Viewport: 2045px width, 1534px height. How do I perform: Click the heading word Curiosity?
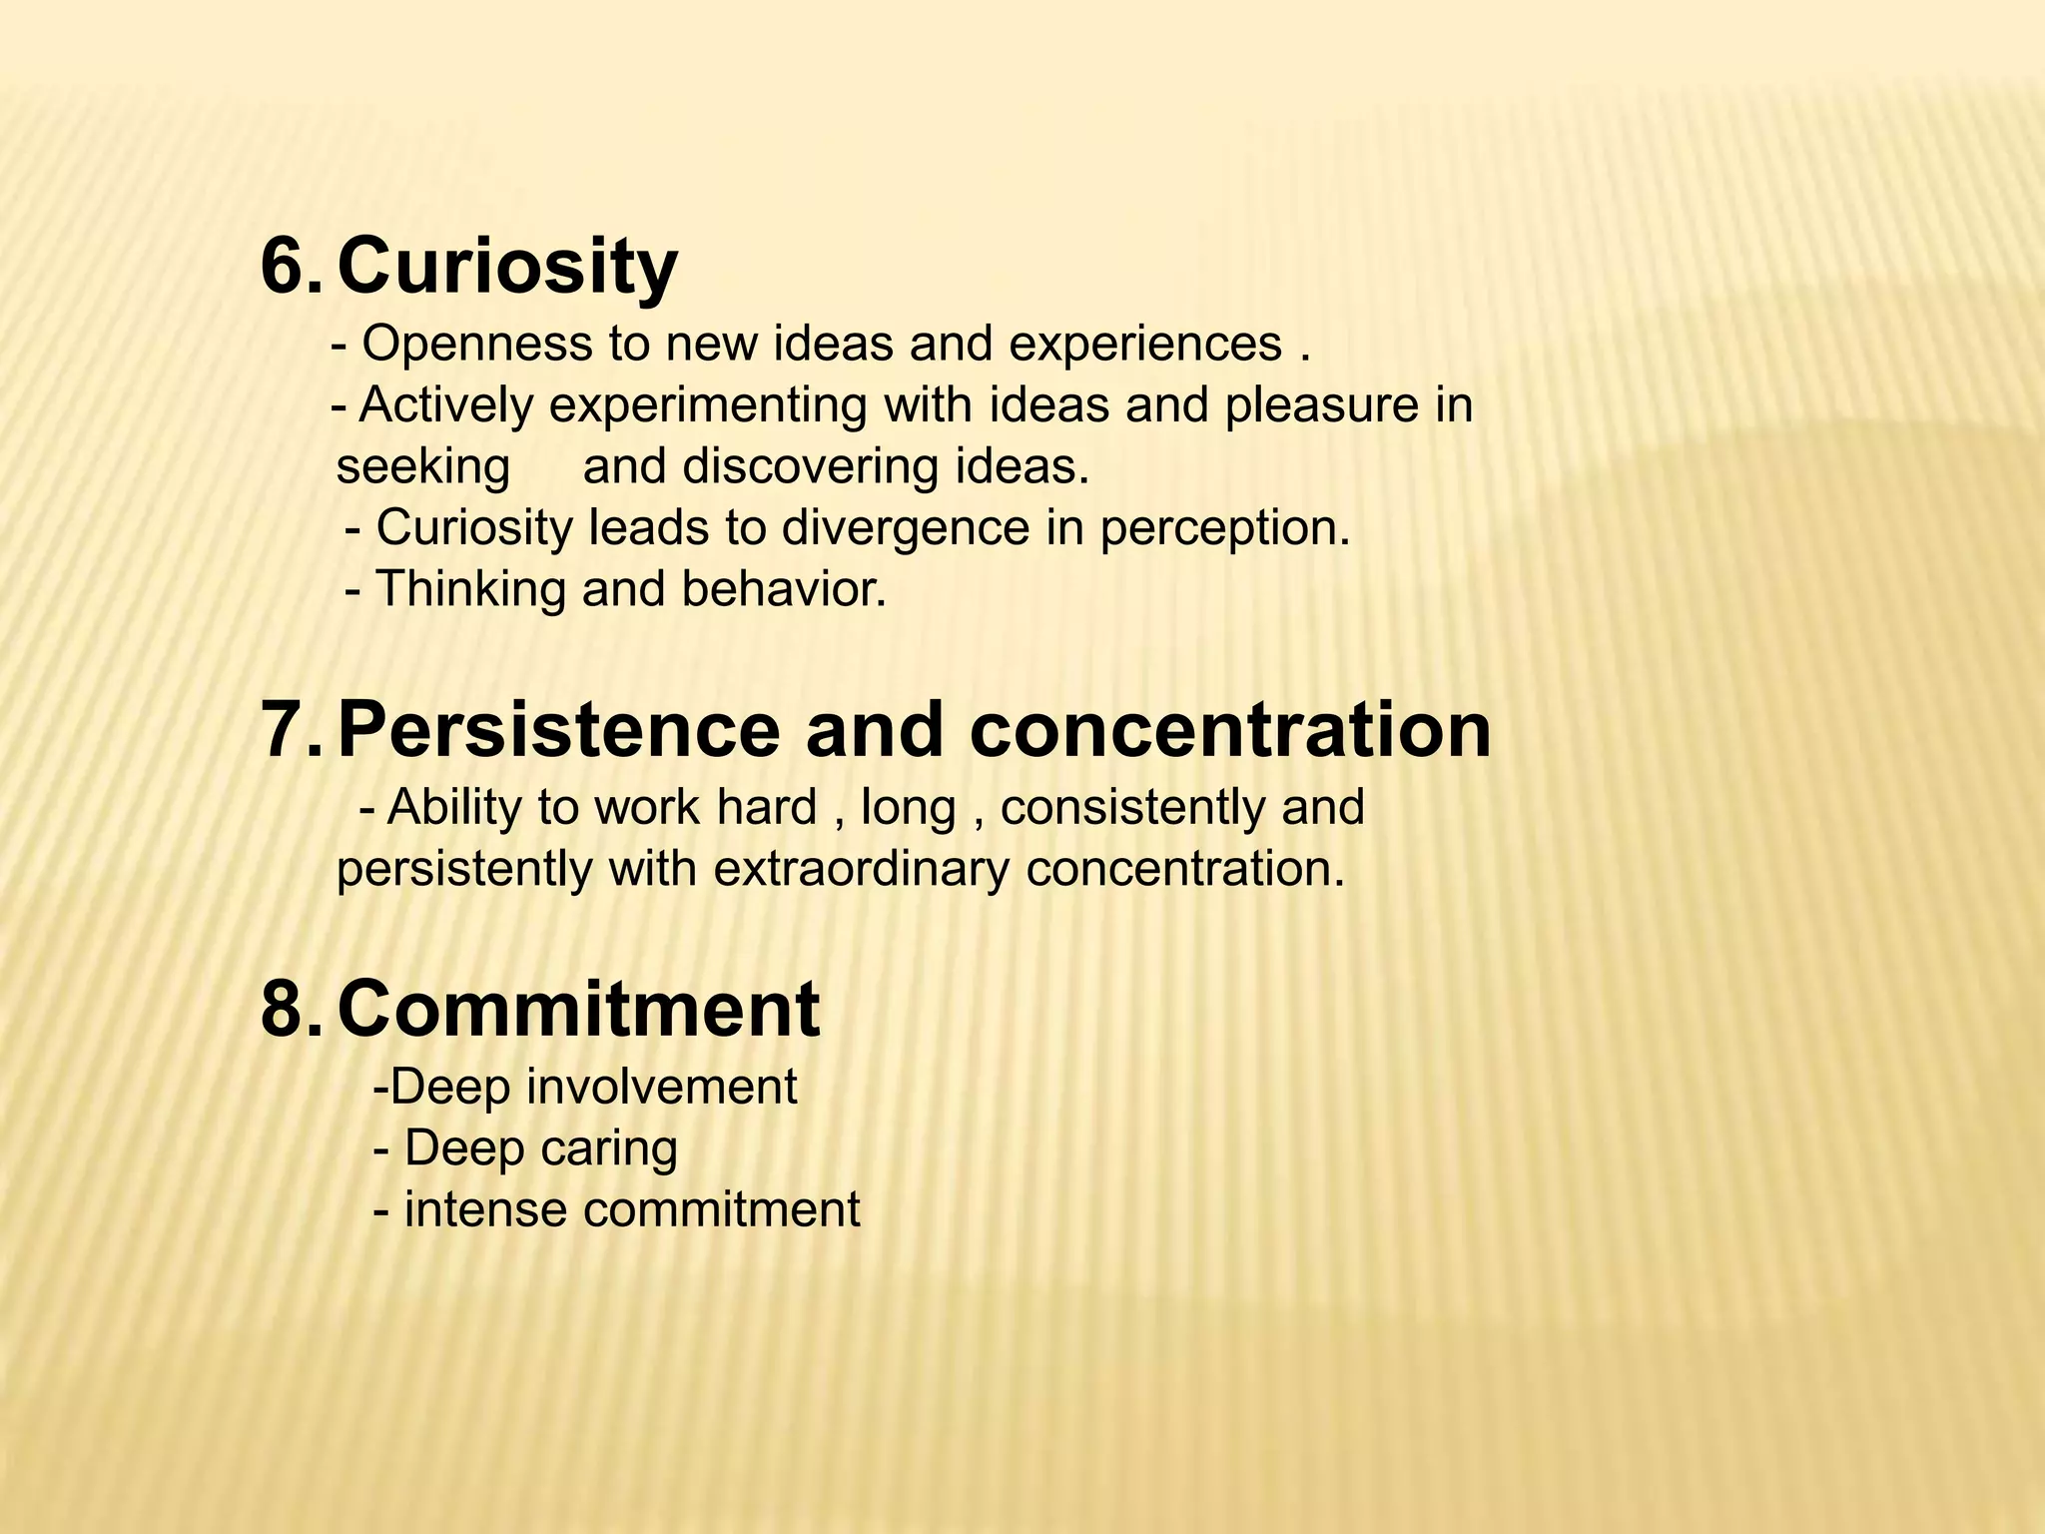tap(507, 268)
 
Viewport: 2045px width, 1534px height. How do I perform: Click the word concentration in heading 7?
tap(1229, 731)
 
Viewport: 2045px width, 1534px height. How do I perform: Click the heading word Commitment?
tap(578, 1010)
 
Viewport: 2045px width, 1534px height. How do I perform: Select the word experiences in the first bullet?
tap(1145, 345)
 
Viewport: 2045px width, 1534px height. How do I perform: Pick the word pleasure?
tap(1310, 406)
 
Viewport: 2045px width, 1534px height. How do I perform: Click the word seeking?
tap(422, 467)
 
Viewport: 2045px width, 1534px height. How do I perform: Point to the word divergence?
tap(905, 528)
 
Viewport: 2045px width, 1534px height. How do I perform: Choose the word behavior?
tap(784, 589)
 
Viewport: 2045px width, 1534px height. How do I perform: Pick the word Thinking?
tap(470, 589)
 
